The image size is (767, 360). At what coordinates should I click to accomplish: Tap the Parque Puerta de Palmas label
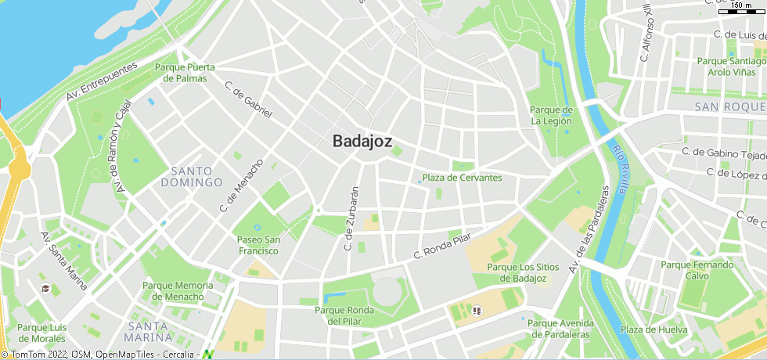tap(185, 73)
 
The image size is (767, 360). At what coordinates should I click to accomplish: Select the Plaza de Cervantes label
tap(462, 178)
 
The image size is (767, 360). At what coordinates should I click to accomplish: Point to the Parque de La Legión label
tap(551, 115)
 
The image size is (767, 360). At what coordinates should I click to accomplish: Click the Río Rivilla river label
tap(621, 168)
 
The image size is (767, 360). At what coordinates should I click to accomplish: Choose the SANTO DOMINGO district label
tap(192, 177)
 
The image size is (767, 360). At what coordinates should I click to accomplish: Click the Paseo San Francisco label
tap(258, 245)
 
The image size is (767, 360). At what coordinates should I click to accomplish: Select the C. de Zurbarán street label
tap(351, 218)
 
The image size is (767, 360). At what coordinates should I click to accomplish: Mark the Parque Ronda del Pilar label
tap(344, 315)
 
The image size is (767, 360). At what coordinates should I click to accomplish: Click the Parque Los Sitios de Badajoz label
tap(523, 272)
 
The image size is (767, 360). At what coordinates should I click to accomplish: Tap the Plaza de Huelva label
tap(654, 329)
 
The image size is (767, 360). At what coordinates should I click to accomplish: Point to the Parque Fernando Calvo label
tap(697, 270)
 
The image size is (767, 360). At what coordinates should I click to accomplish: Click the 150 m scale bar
tap(741, 8)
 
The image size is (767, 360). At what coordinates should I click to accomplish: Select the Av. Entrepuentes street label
tap(103, 81)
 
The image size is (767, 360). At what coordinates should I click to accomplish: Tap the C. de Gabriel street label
tap(248, 99)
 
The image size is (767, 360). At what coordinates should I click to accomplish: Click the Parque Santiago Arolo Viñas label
tap(731, 67)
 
